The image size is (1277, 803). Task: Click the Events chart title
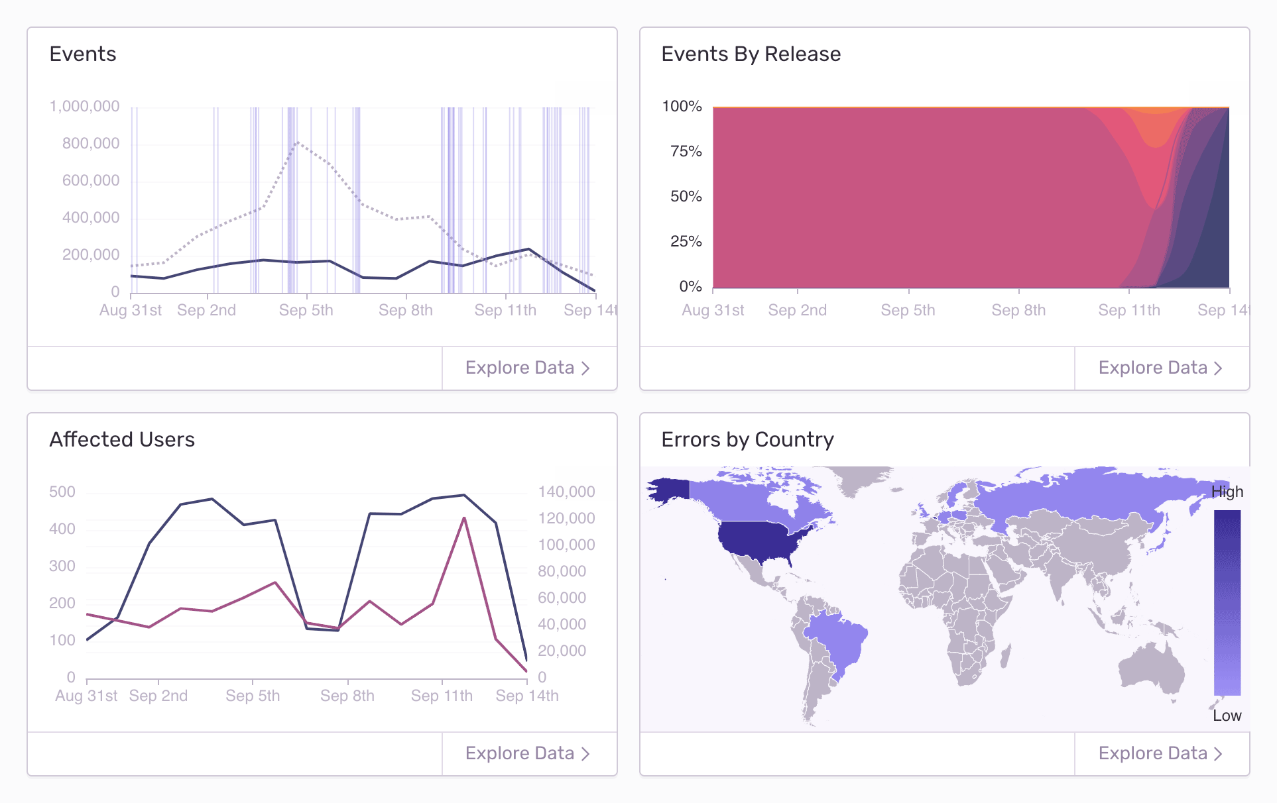point(83,54)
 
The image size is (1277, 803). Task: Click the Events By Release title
point(751,54)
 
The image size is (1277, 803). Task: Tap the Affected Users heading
point(122,439)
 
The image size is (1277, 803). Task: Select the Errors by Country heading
point(747,439)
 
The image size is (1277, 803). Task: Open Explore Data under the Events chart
point(528,368)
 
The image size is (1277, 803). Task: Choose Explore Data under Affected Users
point(528,753)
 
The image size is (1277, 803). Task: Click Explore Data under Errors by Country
point(1160,753)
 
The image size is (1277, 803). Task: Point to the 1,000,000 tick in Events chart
point(85,106)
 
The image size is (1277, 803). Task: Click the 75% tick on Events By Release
point(686,151)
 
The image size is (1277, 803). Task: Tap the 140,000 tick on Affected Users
point(566,492)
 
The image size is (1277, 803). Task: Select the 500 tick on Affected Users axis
point(62,492)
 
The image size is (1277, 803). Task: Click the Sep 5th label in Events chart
point(306,310)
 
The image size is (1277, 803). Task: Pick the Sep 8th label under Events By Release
point(1018,310)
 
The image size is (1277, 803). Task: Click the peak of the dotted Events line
point(298,142)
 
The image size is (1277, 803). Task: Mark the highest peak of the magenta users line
point(464,518)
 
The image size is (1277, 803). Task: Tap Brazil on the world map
point(836,643)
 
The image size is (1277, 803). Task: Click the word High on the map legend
point(1227,492)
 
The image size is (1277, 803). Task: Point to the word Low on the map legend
point(1227,716)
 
